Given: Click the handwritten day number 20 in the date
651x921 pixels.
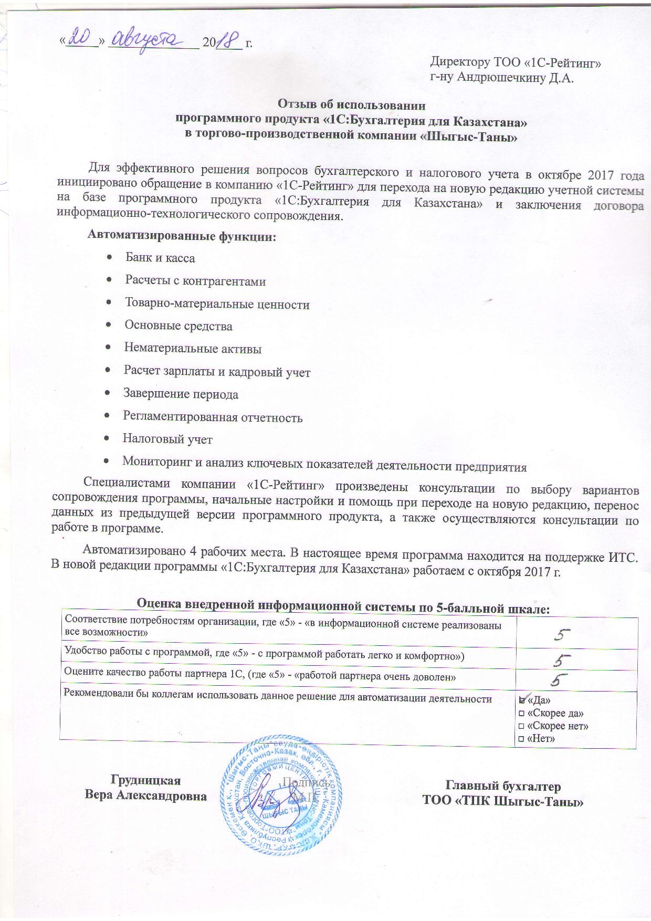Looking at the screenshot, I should click(82, 37).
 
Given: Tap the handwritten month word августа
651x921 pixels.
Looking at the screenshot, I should click(152, 38).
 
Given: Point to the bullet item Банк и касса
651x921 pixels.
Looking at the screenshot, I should click(160, 258).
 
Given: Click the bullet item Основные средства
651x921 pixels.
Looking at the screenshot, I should click(178, 326).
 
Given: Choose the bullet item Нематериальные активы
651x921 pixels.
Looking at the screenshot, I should click(193, 349).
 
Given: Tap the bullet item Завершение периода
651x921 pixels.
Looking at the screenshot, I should click(181, 394).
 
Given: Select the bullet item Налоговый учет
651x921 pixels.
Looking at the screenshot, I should click(167, 439).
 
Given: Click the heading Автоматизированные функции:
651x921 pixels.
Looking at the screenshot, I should click(181, 236).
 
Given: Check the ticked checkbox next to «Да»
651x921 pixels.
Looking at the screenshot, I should click(522, 700).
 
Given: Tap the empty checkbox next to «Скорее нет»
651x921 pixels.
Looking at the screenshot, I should click(521, 726).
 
